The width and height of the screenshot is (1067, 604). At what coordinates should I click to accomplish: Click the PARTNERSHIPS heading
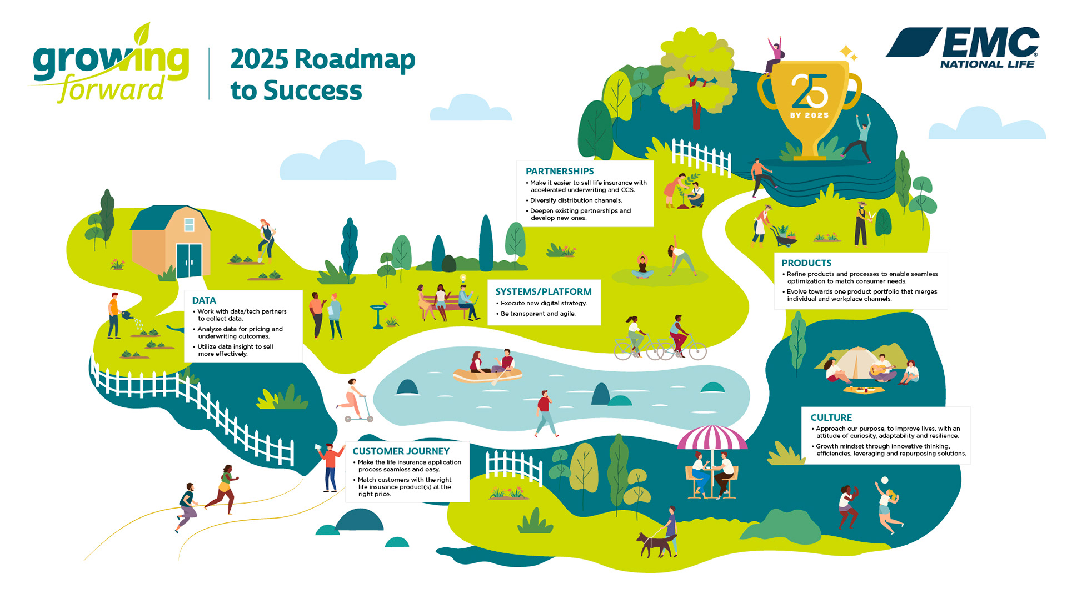click(x=559, y=171)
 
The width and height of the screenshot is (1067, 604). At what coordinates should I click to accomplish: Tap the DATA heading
click(x=204, y=300)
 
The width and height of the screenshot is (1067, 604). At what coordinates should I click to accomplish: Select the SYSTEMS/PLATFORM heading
click(x=543, y=291)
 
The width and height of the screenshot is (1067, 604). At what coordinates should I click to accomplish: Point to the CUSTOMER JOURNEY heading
click(x=401, y=451)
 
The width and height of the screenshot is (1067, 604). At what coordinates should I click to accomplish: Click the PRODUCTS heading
click(x=806, y=263)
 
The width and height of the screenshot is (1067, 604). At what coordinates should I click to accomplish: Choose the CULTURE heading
click(x=831, y=417)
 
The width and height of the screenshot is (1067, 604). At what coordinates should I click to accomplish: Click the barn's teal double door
click(x=189, y=260)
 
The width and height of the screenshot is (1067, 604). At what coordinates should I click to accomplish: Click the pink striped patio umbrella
click(x=712, y=437)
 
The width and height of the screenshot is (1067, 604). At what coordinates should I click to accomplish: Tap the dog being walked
click(x=654, y=545)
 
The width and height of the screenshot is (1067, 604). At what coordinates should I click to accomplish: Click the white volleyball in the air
click(x=885, y=480)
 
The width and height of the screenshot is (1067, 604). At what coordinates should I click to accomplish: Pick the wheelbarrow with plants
click(x=783, y=237)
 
